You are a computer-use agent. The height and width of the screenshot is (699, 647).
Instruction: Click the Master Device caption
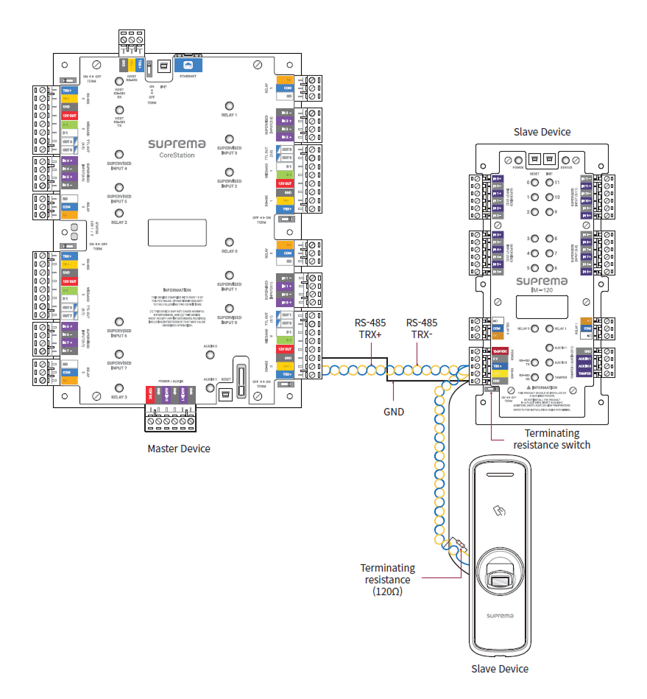point(179,449)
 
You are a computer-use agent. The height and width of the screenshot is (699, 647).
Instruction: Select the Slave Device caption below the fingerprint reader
point(500,669)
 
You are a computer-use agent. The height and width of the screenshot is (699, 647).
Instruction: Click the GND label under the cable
point(394,412)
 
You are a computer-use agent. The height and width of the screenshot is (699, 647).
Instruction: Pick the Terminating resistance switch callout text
point(551,439)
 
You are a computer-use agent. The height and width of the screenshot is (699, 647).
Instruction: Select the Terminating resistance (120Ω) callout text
point(388,580)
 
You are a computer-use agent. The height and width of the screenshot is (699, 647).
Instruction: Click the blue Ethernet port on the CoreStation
point(188,66)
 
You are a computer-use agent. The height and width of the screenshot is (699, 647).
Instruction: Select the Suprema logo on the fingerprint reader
point(501,614)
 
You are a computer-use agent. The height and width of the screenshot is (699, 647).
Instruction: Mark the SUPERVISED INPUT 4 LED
point(119,157)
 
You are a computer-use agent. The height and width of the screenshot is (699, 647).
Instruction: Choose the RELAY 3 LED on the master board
point(119,387)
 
